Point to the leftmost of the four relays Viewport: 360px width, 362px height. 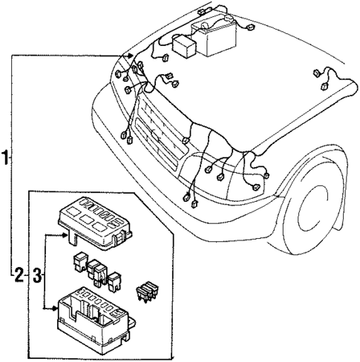[x=76, y=260]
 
